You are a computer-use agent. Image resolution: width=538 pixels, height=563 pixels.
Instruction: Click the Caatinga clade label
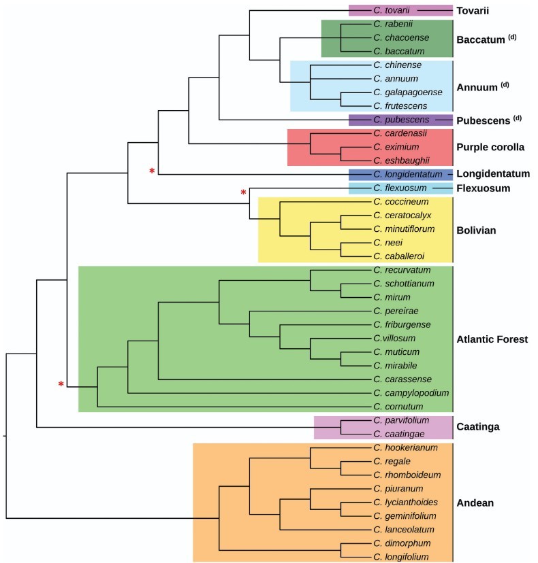pyautogui.click(x=479, y=427)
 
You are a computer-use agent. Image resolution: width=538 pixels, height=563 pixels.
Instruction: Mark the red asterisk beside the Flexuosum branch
pyautogui.click(x=243, y=193)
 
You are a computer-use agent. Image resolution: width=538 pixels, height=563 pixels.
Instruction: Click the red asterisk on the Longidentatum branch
pyautogui.click(x=152, y=171)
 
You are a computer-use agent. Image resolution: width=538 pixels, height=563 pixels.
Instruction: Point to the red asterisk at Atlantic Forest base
pyautogui.click(x=61, y=386)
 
